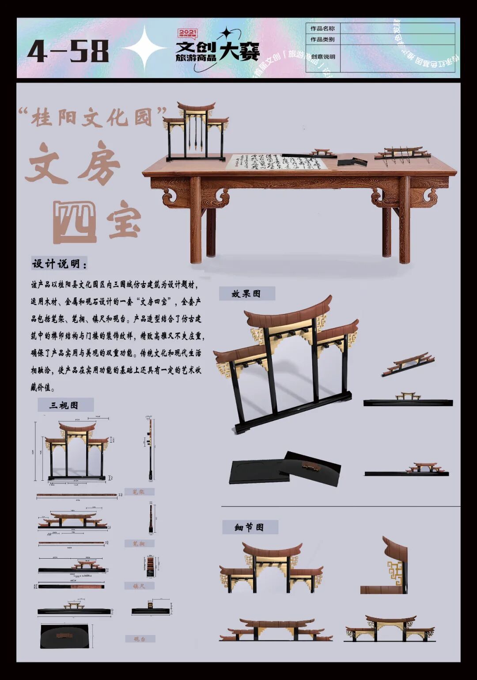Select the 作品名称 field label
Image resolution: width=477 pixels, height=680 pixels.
322,29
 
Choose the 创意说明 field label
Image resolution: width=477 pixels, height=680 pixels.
323,57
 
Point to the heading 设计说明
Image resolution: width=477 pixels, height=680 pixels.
59,264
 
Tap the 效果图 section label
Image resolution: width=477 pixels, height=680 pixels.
246,294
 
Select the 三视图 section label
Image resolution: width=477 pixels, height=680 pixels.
64,405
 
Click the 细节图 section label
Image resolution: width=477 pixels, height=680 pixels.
250,527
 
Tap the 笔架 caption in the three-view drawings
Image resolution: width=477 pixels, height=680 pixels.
139,492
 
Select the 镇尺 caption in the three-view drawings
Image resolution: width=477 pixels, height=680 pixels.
139,586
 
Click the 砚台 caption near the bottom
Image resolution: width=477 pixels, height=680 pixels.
139,639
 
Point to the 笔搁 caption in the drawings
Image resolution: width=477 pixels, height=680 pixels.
139,544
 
